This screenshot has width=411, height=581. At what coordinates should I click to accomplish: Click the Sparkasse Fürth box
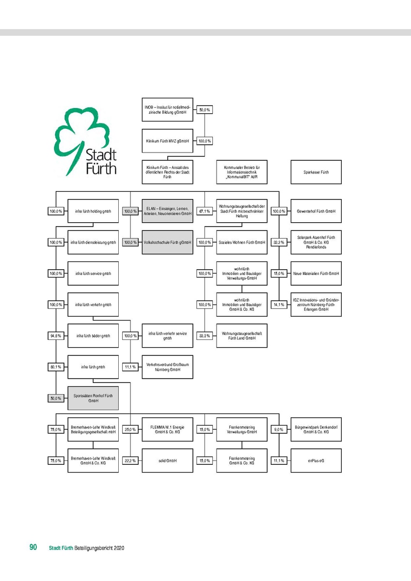click(x=316, y=172)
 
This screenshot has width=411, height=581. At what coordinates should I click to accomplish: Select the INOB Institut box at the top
click(x=167, y=110)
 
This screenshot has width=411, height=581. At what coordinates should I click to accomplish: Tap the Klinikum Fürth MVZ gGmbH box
click(x=167, y=141)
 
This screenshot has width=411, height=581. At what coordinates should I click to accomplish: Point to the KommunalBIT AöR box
click(x=241, y=172)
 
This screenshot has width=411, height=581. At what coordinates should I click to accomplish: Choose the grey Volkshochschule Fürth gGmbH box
click(x=167, y=242)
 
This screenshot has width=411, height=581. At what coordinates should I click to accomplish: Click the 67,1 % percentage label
click(x=205, y=211)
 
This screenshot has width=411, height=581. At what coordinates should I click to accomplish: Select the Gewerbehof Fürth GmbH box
click(x=316, y=211)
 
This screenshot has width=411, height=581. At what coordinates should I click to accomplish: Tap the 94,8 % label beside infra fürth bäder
click(x=56, y=336)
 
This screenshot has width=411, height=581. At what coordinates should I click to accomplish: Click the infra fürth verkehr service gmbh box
click(x=167, y=336)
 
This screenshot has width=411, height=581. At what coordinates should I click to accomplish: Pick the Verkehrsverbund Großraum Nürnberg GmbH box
click(x=167, y=367)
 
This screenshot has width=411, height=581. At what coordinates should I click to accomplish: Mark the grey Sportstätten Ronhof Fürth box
click(x=93, y=398)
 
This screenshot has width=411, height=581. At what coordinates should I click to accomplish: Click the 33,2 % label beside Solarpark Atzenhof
click(x=279, y=242)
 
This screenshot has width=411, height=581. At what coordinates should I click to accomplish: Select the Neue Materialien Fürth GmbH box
click(x=316, y=274)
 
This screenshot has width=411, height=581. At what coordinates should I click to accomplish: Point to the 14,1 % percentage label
click(x=279, y=305)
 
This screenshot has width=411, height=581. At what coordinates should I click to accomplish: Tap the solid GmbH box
click(x=167, y=460)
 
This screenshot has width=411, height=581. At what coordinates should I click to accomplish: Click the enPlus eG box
click(x=316, y=460)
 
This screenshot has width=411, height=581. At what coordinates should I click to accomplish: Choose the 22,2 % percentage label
click(x=130, y=460)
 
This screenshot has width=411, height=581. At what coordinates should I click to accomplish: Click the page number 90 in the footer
click(x=33, y=547)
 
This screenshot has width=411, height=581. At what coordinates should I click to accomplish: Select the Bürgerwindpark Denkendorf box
click(x=316, y=429)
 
